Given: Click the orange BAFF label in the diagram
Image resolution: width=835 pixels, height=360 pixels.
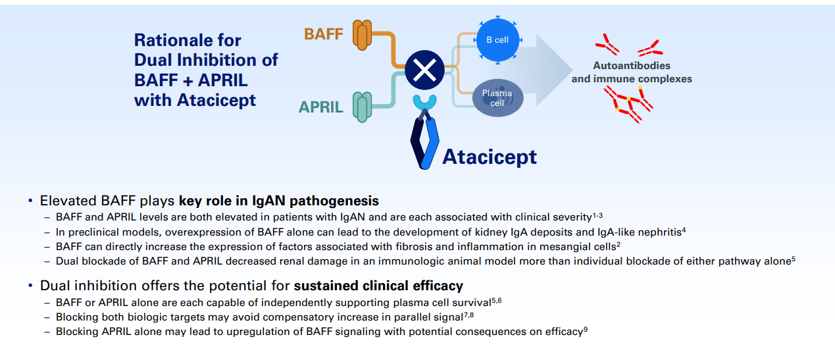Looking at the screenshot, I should click(x=323, y=34).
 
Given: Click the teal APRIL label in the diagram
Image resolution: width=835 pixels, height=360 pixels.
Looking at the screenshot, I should click(x=321, y=107).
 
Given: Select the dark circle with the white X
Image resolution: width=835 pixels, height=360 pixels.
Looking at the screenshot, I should click(x=424, y=71).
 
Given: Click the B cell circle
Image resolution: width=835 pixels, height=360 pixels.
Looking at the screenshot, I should click(x=497, y=40).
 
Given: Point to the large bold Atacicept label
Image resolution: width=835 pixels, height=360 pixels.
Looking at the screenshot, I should click(x=489, y=157).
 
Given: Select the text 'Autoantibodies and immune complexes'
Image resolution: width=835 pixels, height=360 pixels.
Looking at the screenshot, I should click(x=632, y=72).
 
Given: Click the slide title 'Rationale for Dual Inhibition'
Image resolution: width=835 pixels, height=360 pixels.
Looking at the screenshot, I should click(x=206, y=70).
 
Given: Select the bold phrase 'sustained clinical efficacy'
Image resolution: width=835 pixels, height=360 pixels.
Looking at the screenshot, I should click(x=378, y=286).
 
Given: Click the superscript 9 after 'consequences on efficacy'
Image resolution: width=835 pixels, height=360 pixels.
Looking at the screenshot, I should click(x=585, y=329).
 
